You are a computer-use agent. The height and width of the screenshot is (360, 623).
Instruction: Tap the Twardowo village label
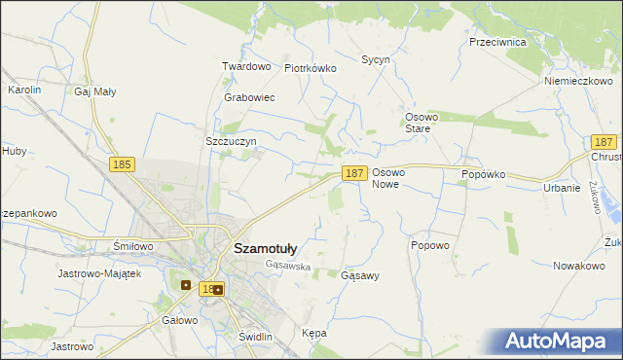tap(245, 66)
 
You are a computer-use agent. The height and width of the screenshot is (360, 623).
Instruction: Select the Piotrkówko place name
tap(310, 68)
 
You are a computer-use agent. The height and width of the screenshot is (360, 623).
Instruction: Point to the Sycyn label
tap(376, 59)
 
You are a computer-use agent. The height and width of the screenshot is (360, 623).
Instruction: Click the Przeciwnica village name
tap(497, 43)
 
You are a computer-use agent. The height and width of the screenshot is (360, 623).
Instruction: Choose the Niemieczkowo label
tap(577, 81)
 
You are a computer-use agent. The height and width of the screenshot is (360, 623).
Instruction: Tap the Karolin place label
tap(24, 90)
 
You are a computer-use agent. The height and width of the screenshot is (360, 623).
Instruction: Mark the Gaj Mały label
tap(94, 91)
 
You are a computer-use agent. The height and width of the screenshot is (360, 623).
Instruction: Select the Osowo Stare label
tap(424, 122)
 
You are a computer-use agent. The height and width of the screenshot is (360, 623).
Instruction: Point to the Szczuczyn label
tap(231, 141)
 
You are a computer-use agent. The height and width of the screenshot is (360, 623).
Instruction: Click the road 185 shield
tap(122, 166)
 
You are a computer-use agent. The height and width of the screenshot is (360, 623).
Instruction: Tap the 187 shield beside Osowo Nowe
tap(354, 173)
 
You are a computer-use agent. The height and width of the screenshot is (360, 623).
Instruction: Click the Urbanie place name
tap(562, 188)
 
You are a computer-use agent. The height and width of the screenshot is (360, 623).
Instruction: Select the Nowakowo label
tap(579, 266)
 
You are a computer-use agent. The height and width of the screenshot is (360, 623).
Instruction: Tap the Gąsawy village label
tap(360, 275)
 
